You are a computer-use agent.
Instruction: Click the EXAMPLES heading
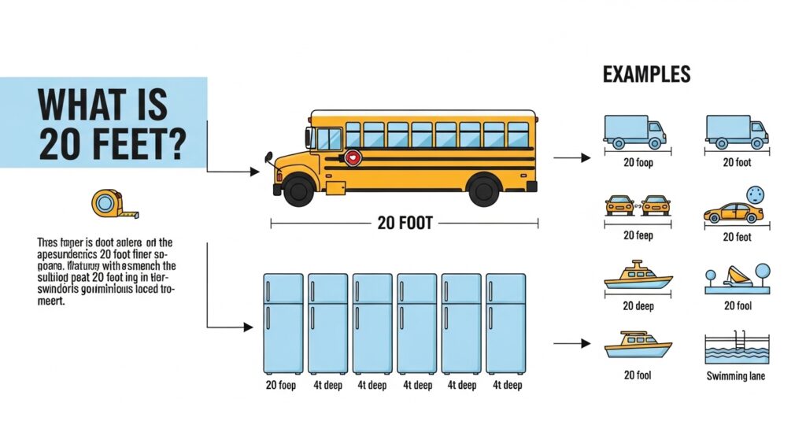(646, 76)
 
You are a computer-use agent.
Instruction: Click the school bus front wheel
(299, 190)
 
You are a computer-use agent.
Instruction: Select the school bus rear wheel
(482, 190)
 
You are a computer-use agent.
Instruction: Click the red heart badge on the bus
(353, 158)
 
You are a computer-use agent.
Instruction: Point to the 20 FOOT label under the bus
(405, 224)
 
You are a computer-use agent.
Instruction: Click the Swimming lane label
(736, 375)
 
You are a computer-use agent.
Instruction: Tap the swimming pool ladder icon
(741, 342)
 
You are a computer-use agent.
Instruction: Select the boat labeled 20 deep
(638, 276)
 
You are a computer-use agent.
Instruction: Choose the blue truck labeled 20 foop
(635, 131)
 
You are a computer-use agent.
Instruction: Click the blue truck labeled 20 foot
(737, 131)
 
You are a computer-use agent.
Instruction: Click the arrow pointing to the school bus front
(253, 170)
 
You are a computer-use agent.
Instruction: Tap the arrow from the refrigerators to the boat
(572, 344)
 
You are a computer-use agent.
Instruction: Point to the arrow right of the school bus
(572, 158)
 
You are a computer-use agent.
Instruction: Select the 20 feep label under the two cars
(638, 235)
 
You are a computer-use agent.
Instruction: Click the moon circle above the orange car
(757, 193)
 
